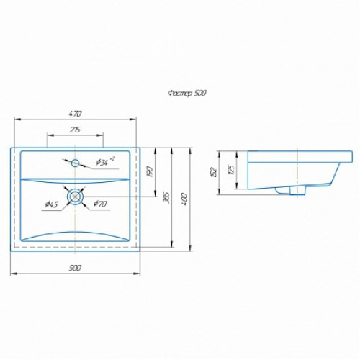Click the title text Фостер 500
187,93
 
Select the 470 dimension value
76,114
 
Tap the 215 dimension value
75,130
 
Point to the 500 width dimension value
75,268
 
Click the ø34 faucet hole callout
105,161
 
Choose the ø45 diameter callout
52,204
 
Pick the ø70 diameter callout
100,204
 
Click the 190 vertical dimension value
150,171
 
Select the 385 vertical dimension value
166,197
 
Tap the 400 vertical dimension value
185,199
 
